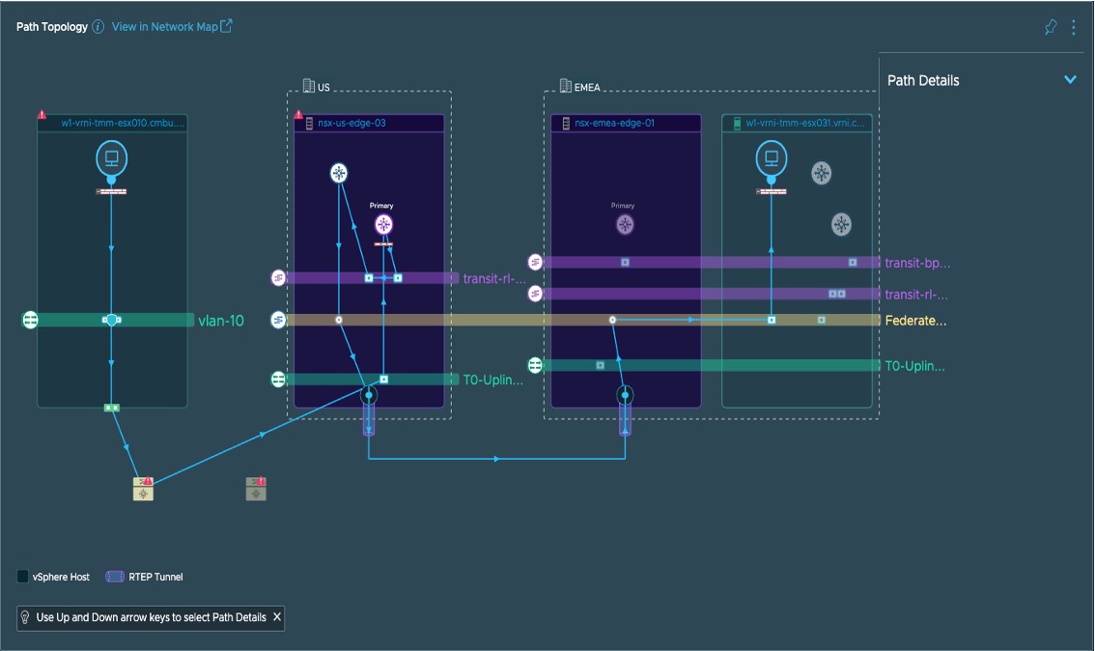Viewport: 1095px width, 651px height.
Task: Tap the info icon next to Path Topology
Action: pyautogui.click(x=98, y=27)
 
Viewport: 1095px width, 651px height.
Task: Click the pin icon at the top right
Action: pyautogui.click(x=1051, y=27)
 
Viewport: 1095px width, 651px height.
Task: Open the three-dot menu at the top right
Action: pyautogui.click(x=1074, y=27)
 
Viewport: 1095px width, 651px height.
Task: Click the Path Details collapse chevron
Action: pyautogui.click(x=1070, y=79)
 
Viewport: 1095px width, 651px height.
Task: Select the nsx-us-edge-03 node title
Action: pyautogui.click(x=352, y=123)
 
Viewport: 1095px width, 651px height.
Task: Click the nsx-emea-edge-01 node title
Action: pyautogui.click(x=614, y=123)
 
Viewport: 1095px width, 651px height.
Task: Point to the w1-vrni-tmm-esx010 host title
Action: pyautogui.click(x=122, y=123)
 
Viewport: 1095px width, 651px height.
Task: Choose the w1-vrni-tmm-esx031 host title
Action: pyautogui.click(x=805, y=123)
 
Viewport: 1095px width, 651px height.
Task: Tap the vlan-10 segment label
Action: pyautogui.click(x=221, y=321)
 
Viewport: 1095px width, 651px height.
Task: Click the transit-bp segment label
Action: pyautogui.click(x=917, y=263)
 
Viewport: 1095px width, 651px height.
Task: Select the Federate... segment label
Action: pyautogui.click(x=915, y=321)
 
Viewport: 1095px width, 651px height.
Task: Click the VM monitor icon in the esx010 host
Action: pyautogui.click(x=111, y=158)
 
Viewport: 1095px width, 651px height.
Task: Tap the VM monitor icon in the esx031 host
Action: pyautogui.click(x=771, y=158)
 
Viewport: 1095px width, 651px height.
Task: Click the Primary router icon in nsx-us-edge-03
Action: pyautogui.click(x=384, y=224)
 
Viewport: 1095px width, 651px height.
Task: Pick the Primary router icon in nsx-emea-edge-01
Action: pyautogui.click(x=626, y=225)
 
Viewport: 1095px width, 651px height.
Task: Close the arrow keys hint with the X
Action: pyautogui.click(x=277, y=617)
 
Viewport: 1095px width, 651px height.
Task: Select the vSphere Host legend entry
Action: pyautogui.click(x=54, y=577)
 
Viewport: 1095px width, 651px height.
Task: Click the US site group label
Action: pyautogui.click(x=323, y=87)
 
